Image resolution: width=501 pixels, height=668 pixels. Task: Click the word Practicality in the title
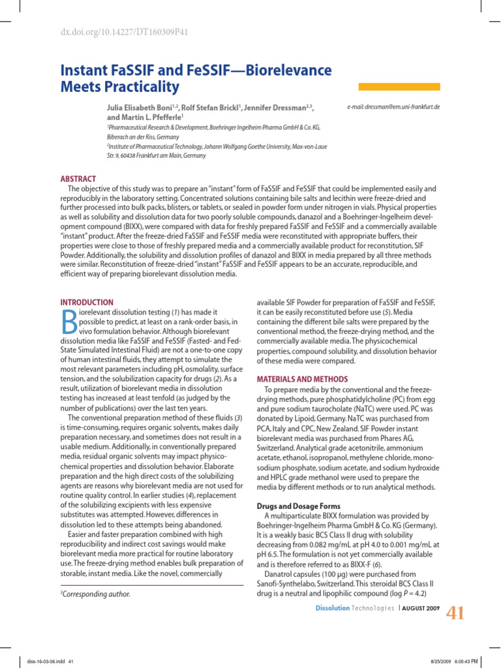tap(140, 87)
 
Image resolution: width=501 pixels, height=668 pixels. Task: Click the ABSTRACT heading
tap(78, 179)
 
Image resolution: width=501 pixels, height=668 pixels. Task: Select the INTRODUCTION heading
tap(87, 303)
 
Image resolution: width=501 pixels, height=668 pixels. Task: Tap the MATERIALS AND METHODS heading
tap(302, 379)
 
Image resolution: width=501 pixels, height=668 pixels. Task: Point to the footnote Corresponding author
tap(96, 594)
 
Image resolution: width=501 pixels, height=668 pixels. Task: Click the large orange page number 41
tap(455, 614)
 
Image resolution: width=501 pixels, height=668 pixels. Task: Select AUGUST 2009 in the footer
tap(421, 609)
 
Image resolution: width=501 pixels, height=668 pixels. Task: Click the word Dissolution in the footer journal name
tap(333, 609)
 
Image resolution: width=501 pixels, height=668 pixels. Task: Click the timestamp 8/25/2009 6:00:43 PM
tap(454, 660)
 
